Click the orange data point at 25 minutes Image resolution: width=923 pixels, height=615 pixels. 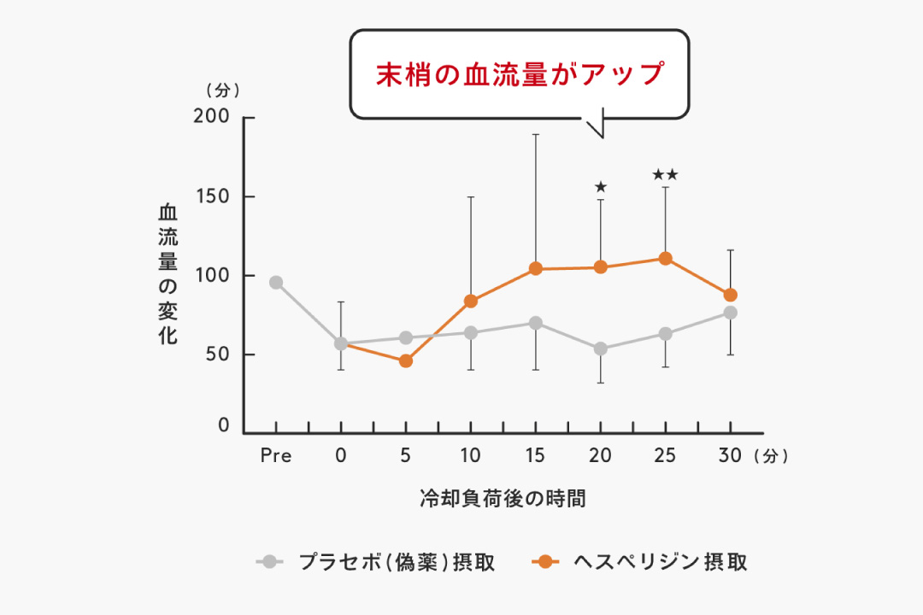[665, 259]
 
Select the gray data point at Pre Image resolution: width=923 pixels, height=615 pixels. [276, 283]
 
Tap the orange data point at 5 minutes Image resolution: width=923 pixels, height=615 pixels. [406, 361]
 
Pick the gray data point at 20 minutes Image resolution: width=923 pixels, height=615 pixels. [600, 348]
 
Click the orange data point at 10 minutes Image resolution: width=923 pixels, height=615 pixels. [471, 301]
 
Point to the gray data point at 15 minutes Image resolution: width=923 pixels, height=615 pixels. [536, 323]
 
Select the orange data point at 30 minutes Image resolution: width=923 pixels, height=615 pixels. [730, 296]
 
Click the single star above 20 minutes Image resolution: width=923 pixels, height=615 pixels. [600, 187]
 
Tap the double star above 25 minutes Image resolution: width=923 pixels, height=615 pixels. [665, 175]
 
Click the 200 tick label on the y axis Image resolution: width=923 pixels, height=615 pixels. [214, 117]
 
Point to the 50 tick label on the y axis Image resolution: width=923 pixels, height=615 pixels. [219, 354]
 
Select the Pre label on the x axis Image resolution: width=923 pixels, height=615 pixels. [276, 456]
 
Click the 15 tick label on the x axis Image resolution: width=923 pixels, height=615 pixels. [536, 456]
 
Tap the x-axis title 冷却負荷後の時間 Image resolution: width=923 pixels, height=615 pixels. [503, 499]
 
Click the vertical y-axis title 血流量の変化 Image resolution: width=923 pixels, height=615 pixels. [168, 273]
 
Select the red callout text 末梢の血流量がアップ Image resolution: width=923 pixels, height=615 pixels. [520, 74]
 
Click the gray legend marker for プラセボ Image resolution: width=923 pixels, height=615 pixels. [270, 561]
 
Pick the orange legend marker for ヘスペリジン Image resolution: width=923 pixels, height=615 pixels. [544, 561]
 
